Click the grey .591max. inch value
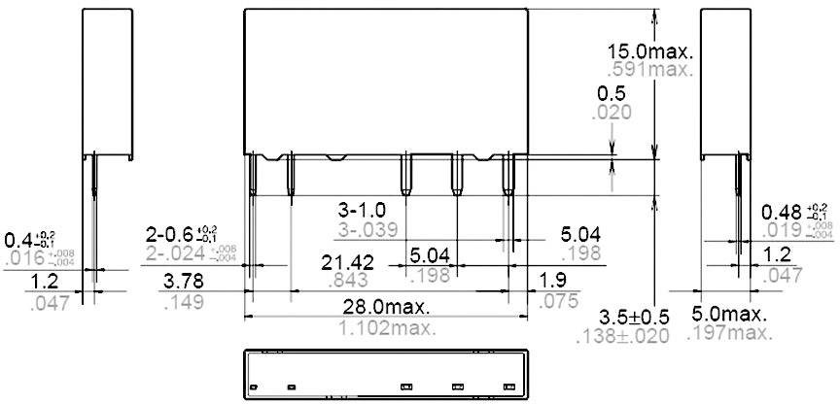pos(648,70)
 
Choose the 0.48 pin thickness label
pos(794,212)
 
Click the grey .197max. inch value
pos(731,334)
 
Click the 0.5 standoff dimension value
pos(612,92)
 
